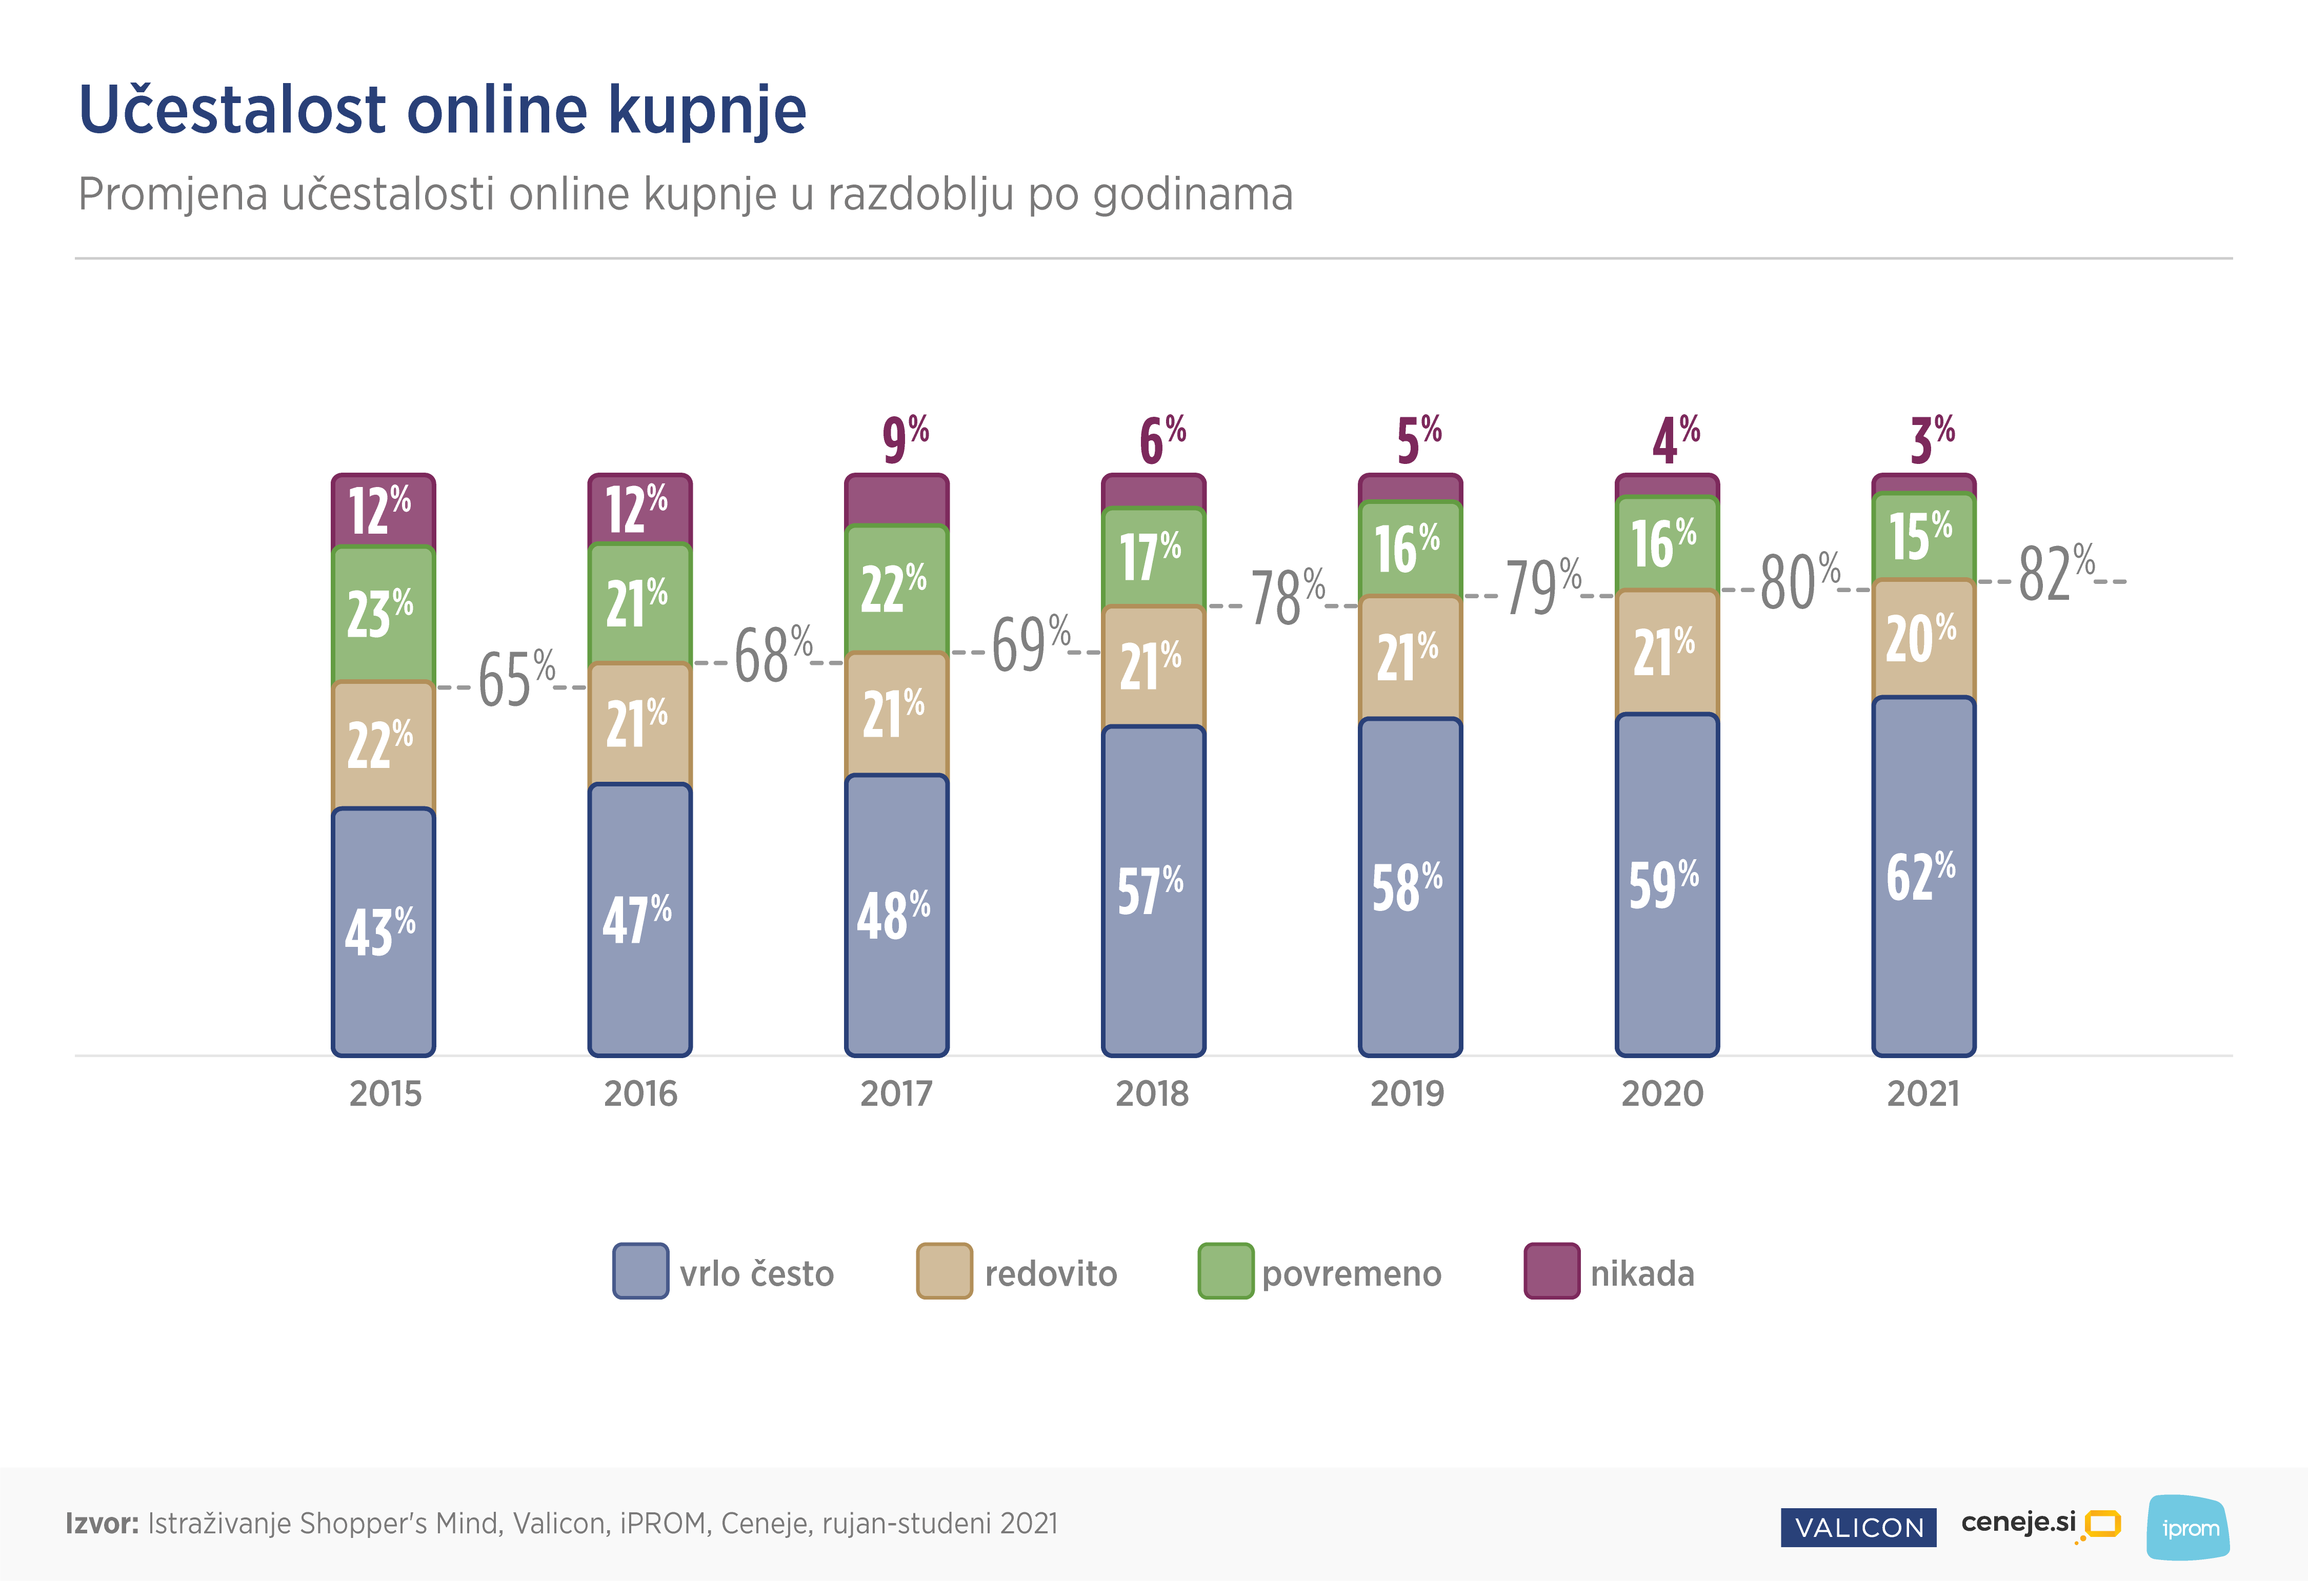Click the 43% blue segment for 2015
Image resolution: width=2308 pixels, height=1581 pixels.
384,931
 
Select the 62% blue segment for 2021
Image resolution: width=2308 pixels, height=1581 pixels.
1923,876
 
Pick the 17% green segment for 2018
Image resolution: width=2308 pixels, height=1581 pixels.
1153,556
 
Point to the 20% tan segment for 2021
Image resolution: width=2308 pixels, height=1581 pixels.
1923,639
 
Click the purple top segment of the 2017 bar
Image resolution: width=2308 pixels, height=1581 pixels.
897,499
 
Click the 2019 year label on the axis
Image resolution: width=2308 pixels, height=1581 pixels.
1407,1093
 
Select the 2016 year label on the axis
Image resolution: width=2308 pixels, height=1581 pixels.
640,1093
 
